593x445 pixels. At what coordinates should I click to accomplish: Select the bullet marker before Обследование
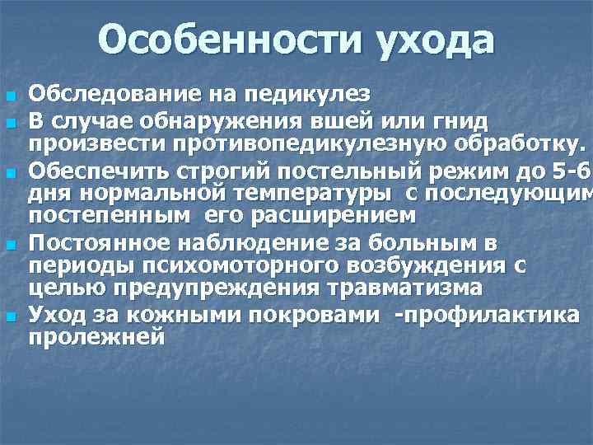pyautogui.click(x=11, y=91)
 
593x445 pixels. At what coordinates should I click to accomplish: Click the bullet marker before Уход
pyautogui.click(x=11, y=316)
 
